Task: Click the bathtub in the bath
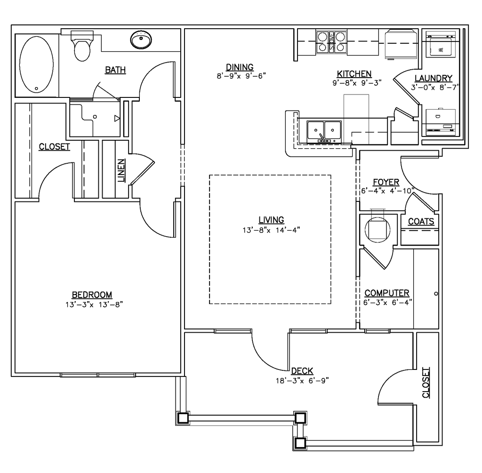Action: (36, 64)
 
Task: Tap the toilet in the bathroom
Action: (82, 46)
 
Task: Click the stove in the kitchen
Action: (331, 42)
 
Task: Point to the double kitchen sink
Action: (324, 132)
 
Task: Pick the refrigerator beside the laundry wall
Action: (402, 44)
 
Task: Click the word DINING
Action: (240, 67)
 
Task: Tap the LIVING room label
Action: (271, 220)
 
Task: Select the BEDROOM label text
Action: (92, 295)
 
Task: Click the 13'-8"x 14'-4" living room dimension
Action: (271, 230)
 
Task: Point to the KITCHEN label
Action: (354, 74)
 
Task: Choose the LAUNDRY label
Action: (434, 78)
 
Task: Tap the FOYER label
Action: (386, 182)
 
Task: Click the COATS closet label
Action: (421, 221)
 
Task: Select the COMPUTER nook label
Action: (387, 293)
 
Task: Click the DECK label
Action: (302, 371)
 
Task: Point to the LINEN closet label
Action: (121, 170)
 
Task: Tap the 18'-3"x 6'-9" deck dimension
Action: (302, 380)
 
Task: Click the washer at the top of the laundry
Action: (441, 44)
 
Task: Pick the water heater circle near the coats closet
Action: (378, 229)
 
